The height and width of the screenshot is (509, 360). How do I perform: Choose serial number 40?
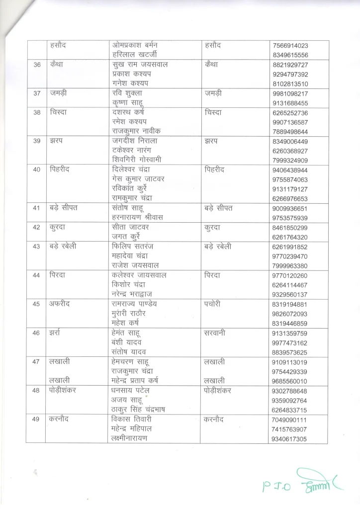(x=35, y=170)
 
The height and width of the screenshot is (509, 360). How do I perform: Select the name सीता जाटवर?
(x=131, y=227)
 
